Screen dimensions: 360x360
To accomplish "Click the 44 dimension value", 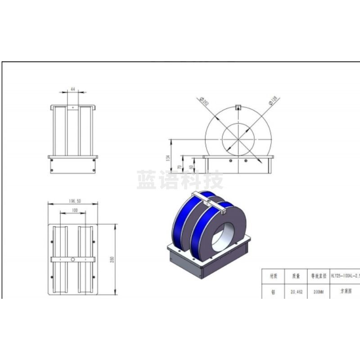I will (72, 90).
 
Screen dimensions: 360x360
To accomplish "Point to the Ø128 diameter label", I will (273, 101).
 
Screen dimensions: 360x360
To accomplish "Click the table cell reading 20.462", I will (296, 292).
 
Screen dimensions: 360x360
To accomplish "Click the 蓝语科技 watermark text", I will (180, 180).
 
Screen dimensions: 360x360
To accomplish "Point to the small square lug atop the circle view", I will (239, 107).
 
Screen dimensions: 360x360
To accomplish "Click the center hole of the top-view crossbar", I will (73, 259).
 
